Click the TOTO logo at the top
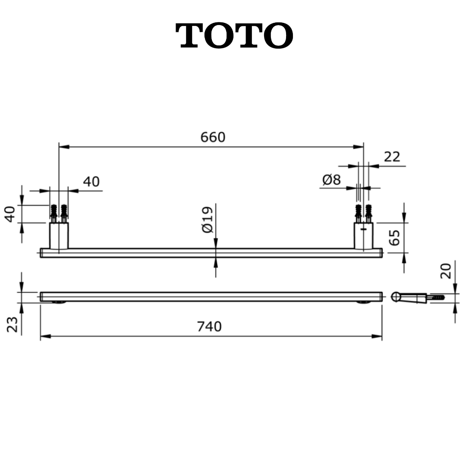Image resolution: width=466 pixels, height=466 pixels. click(235, 36)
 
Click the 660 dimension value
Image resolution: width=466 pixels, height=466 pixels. click(213, 137)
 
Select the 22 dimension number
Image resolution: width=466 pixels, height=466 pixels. click(392, 157)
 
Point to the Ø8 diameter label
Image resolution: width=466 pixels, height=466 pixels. click(331, 179)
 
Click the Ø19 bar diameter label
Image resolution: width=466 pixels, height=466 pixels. click(208, 220)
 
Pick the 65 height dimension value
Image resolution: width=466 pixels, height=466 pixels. click(394, 237)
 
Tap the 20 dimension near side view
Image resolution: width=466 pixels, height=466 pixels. click(446, 271)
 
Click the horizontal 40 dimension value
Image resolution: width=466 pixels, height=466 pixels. click(91, 182)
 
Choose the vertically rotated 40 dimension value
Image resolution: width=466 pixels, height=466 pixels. click(10, 214)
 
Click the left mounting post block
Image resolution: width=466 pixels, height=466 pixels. click(59, 236)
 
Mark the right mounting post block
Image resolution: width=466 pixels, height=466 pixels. click(363, 236)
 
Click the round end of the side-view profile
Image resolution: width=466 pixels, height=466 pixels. click(396, 296)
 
